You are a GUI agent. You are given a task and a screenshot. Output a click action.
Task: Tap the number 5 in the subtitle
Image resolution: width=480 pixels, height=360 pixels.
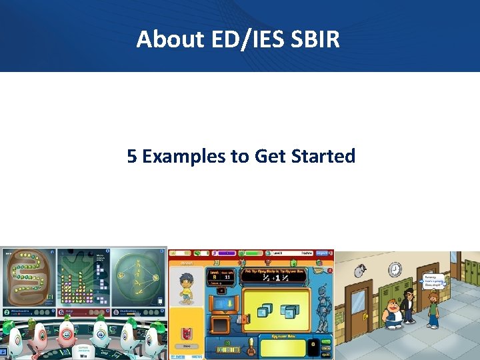(x=133, y=157)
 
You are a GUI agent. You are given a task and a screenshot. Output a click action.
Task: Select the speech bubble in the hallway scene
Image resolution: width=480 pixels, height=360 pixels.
(x=433, y=283)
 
